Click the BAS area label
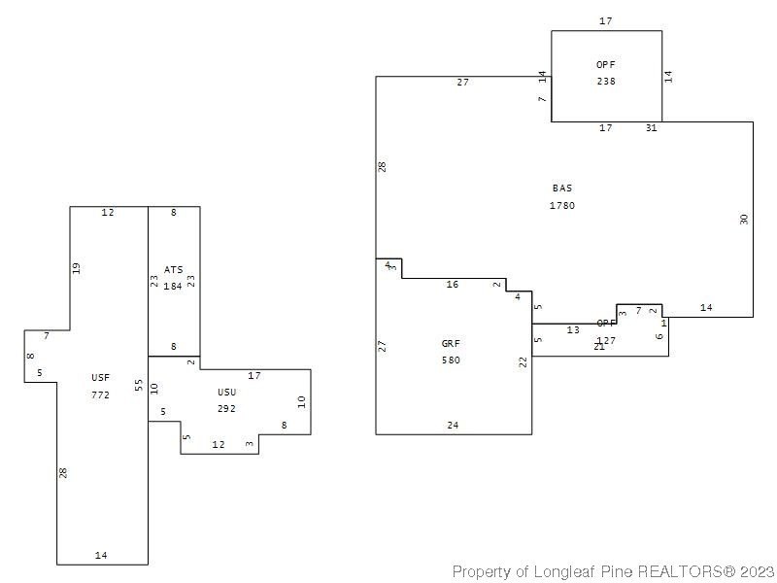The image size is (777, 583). click(x=562, y=188)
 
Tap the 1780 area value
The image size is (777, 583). click(x=562, y=205)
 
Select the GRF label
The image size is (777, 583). click(x=451, y=343)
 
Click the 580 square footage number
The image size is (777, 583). click(x=451, y=360)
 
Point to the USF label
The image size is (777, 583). click(x=101, y=377)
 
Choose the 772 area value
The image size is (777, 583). click(x=101, y=394)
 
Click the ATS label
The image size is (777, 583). click(x=173, y=269)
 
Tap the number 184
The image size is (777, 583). click(x=173, y=287)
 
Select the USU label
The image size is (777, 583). click(x=227, y=392)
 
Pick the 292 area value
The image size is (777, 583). click(x=227, y=409)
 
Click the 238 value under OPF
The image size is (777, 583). click(x=606, y=82)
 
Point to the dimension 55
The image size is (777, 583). click(x=140, y=386)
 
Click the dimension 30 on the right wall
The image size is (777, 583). click(x=744, y=219)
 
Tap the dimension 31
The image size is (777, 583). click(x=651, y=127)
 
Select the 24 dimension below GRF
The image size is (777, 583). click(x=453, y=425)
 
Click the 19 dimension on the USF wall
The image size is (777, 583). click(x=77, y=268)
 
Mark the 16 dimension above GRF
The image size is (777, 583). click(x=453, y=285)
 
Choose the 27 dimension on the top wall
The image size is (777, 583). click(x=463, y=83)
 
